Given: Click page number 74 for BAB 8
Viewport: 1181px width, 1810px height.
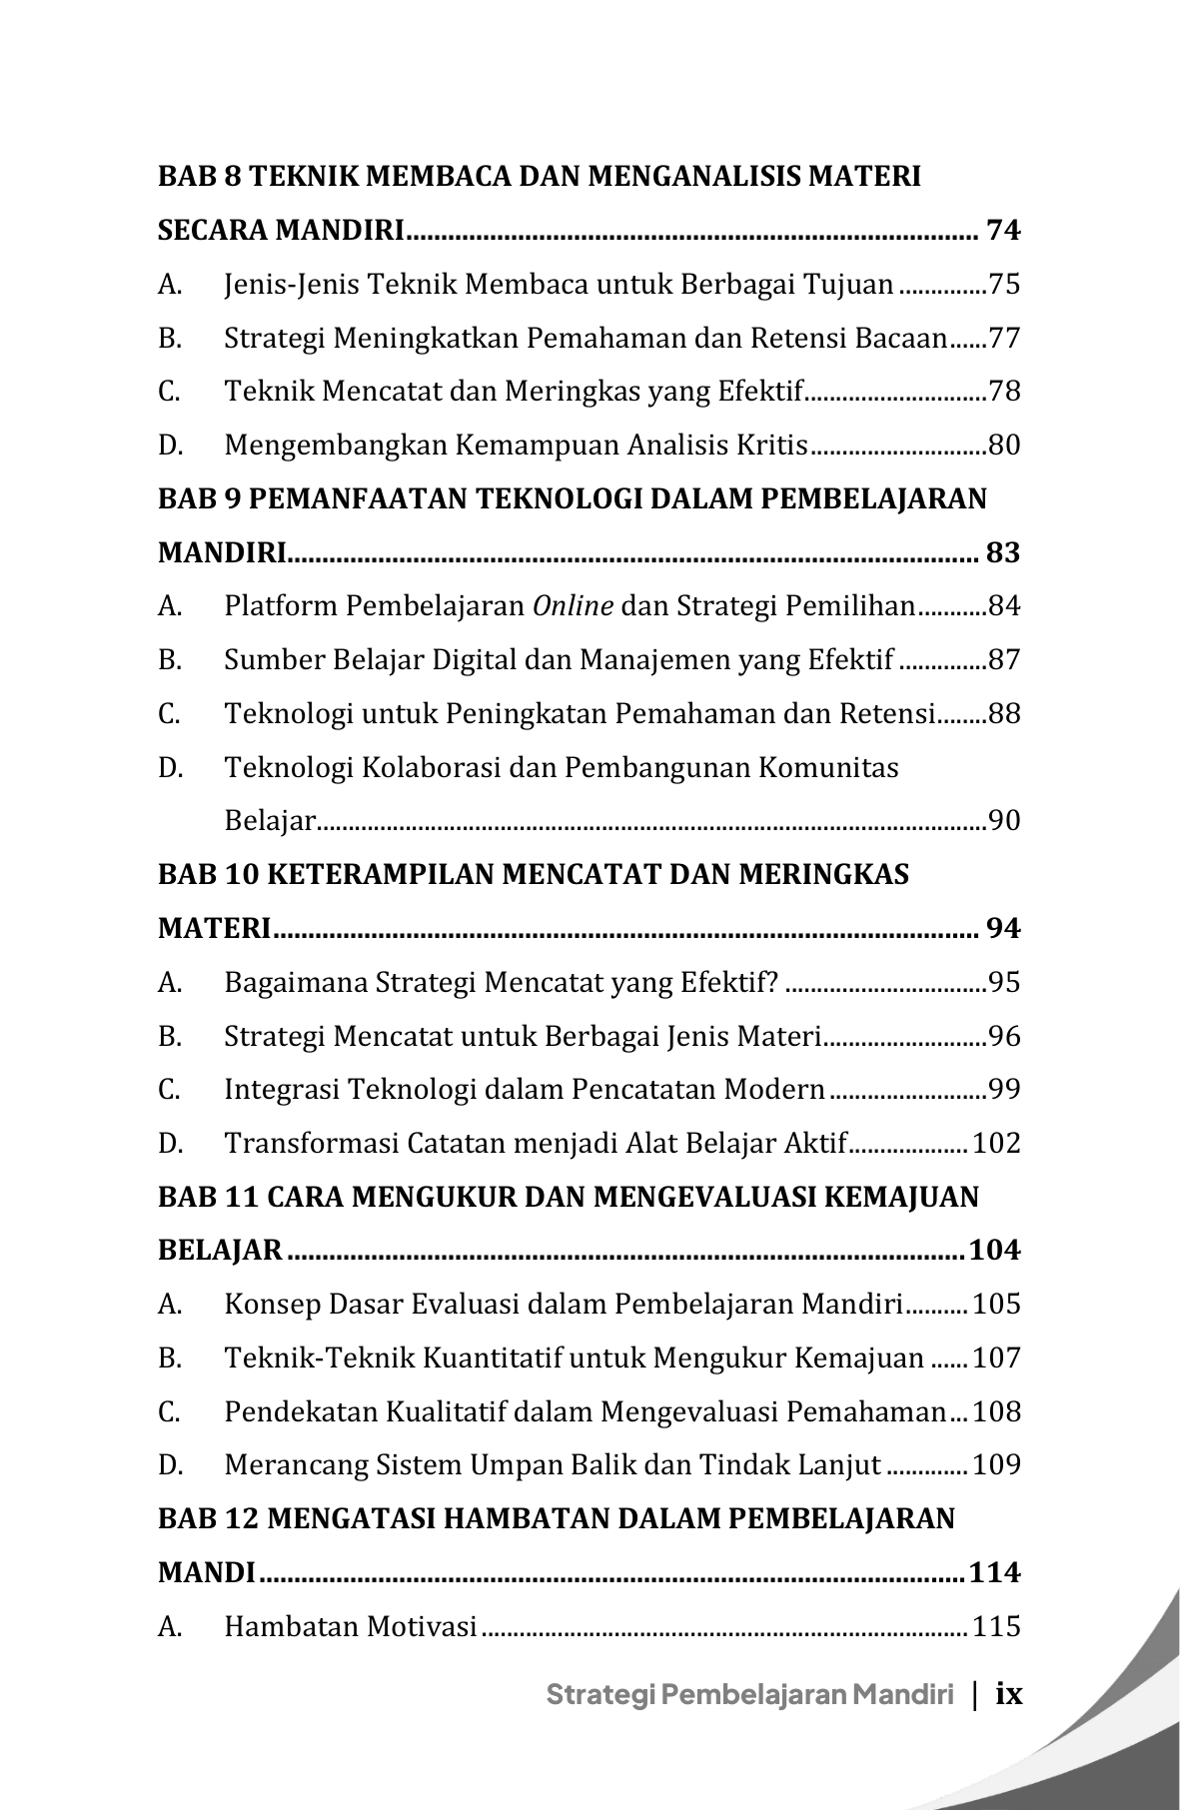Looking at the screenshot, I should [1002, 231].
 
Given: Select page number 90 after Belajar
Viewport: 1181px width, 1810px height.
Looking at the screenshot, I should [1004, 822].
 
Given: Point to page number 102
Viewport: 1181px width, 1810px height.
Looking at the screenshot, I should [996, 1144].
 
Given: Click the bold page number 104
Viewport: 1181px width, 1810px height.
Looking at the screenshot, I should [994, 1251].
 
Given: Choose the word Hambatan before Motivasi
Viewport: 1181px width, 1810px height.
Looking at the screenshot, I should [291, 1627].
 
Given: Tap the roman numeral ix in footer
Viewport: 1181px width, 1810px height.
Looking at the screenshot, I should [1010, 1694].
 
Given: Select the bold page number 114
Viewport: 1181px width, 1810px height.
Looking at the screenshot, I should [994, 1573].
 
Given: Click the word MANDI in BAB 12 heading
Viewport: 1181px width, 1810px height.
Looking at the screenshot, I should [206, 1573].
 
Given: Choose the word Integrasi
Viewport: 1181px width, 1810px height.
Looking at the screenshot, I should [281, 1090].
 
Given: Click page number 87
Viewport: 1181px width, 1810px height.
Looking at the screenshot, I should [1004, 660].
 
